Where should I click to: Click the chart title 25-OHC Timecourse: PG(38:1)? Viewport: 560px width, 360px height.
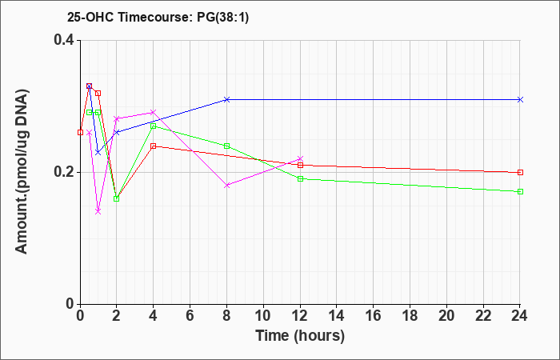click(158, 18)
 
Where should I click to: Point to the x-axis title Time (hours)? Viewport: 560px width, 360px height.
click(300, 336)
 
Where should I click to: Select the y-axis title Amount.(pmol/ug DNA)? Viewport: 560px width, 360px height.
click(22, 172)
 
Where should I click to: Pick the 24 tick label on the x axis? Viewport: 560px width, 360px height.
click(520, 316)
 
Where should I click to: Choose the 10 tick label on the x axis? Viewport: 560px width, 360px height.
click(263, 316)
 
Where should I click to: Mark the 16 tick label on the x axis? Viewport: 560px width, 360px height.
click(374, 316)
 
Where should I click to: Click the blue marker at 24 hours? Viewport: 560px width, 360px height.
click(520, 99)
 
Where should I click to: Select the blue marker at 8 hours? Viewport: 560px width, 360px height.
click(226, 99)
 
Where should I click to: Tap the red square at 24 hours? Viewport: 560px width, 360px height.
click(520, 172)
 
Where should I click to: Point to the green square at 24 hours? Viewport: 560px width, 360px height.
click(520, 191)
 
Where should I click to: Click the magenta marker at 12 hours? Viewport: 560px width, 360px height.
click(300, 158)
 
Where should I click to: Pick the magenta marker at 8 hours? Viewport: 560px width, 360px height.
click(226, 185)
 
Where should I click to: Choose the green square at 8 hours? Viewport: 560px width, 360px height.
click(226, 146)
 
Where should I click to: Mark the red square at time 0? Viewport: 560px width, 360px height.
click(80, 132)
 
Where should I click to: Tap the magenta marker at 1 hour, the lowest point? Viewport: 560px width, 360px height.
click(98, 211)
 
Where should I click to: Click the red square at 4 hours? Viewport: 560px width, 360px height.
click(154, 146)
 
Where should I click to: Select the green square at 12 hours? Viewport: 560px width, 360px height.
click(300, 178)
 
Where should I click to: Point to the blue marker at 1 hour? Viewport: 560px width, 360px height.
click(98, 152)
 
